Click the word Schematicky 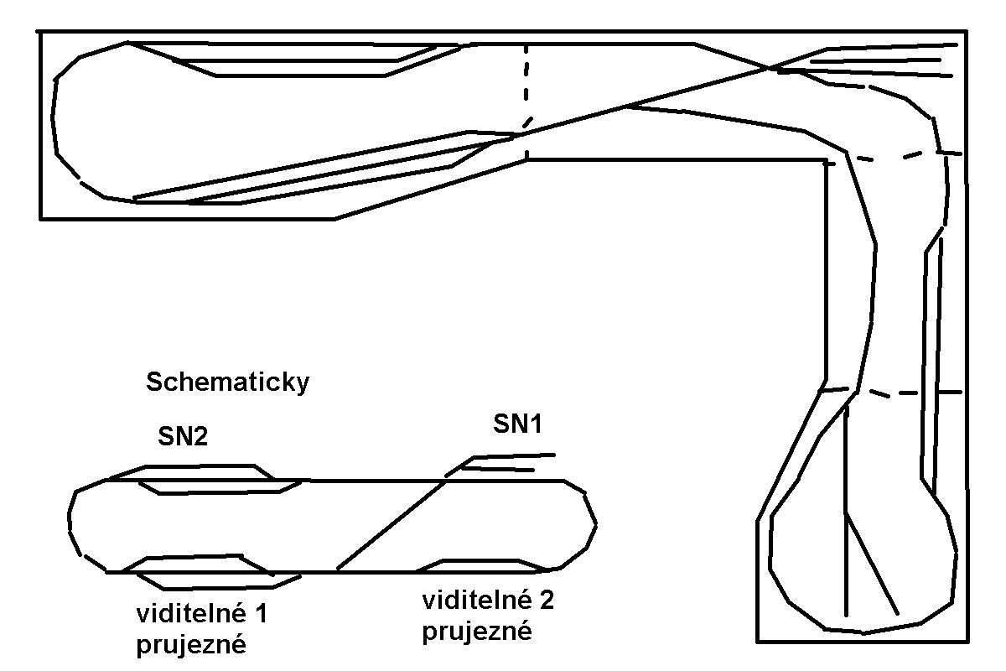[x=228, y=382]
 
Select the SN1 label [x=517, y=424]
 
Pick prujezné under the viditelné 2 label [x=477, y=630]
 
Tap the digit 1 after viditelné [x=261, y=615]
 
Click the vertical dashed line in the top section [x=526, y=101]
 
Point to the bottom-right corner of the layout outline [x=964, y=642]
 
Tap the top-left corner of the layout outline [x=40, y=32]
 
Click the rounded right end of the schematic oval [x=590, y=524]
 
